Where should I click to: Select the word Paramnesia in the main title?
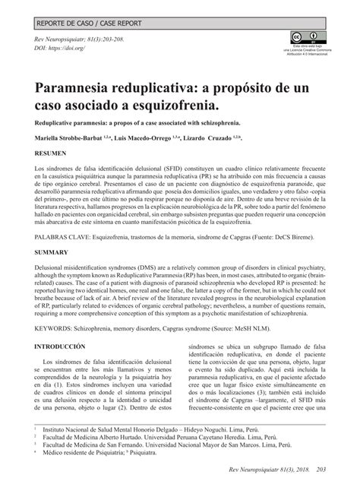pyautogui.click(x=84, y=88)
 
